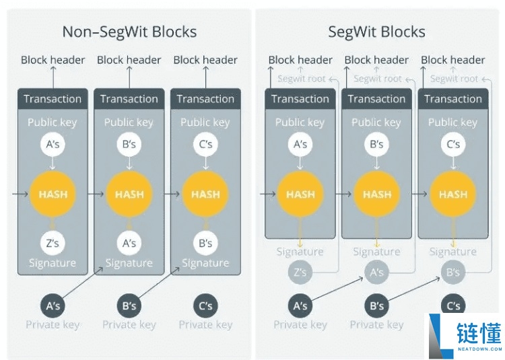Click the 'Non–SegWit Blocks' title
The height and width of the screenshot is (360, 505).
129,32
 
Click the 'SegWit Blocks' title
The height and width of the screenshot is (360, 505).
376,32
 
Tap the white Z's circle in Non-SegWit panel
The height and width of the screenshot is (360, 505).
53,243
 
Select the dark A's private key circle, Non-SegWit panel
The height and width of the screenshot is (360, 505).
53,305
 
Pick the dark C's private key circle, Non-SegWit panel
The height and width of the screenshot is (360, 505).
205,305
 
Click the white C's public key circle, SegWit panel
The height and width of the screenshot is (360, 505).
453,145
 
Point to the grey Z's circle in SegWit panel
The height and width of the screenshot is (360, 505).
300,273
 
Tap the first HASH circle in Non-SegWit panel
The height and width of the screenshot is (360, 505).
53,194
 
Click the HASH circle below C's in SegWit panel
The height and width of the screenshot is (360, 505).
453,194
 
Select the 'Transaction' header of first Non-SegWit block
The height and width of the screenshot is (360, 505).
53,99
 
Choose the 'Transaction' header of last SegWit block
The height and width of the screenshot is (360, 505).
453,99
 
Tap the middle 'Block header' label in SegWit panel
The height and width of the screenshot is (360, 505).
376,60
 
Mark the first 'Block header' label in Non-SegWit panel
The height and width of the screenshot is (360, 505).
53,60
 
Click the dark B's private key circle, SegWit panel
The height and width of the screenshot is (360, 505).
376,305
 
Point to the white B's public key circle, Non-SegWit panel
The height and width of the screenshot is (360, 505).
129,145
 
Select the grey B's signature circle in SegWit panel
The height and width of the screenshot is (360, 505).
453,273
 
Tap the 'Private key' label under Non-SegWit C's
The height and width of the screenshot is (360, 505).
205,325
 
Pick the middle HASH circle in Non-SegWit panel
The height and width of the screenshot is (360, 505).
129,194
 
